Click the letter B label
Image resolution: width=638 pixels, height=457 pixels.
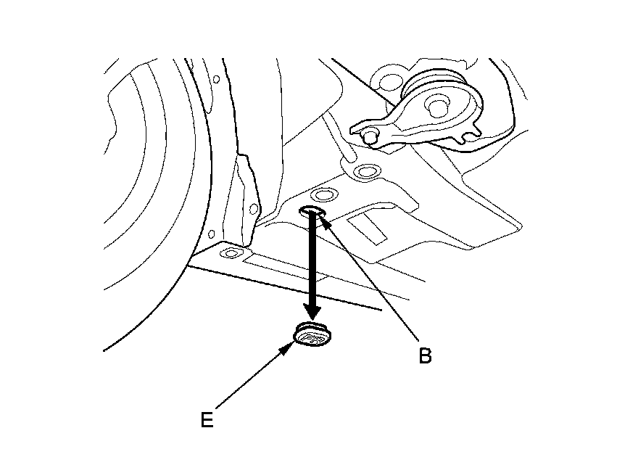[x=425, y=355]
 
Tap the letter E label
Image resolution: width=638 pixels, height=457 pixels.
[x=207, y=420]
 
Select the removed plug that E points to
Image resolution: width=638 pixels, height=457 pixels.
[x=312, y=336]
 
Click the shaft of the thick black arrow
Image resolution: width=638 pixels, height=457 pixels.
[x=312, y=261]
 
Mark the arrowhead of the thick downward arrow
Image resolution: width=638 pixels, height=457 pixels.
[x=312, y=311]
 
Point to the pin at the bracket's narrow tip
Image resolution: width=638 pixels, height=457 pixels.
[x=370, y=134]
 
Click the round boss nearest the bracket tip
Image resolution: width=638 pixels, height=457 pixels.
[x=365, y=172]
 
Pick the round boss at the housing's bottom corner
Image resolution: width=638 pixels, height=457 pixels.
[x=231, y=252]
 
